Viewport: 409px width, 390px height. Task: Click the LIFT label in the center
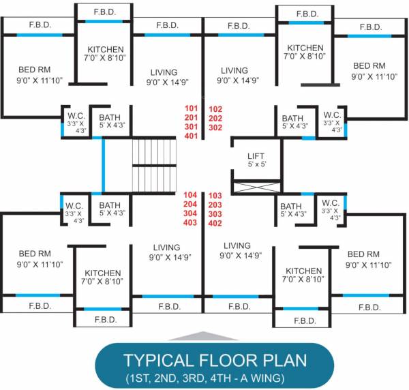pyautogui.click(x=256, y=156)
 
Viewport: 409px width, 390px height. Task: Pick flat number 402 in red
pyautogui.click(x=215, y=223)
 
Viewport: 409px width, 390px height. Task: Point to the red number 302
pyautogui.click(x=215, y=127)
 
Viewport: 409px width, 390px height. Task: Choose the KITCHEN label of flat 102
pyautogui.click(x=306, y=48)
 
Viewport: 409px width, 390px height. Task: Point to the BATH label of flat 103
pyautogui.click(x=291, y=206)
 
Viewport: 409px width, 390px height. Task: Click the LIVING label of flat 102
pyautogui.click(x=234, y=71)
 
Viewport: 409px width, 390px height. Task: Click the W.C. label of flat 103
pyautogui.click(x=331, y=202)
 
